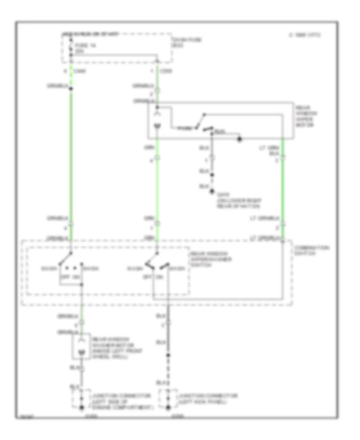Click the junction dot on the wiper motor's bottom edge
pyautogui.click(x=240, y=139)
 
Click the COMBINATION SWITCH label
pyautogui.click(x=311, y=250)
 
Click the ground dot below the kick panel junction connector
pyautogui.click(x=168, y=408)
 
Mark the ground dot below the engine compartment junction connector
pyautogui.click(x=82, y=408)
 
